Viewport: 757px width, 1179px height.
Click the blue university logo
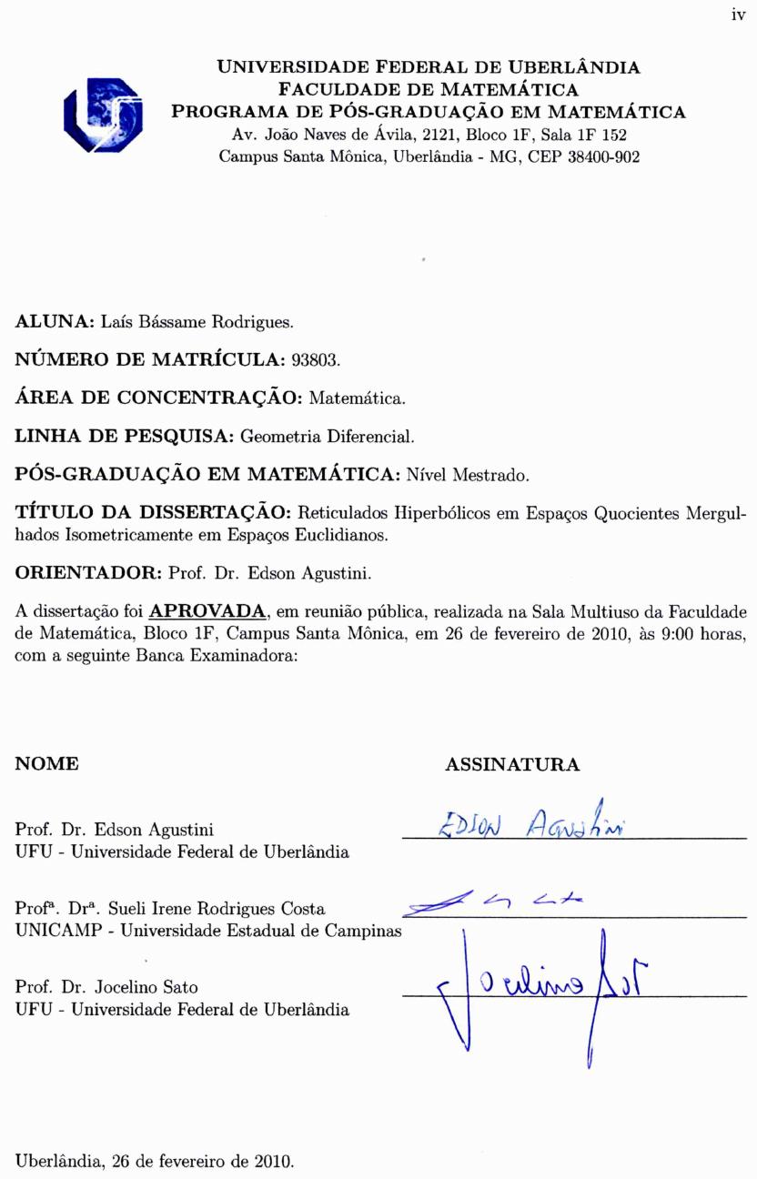103,114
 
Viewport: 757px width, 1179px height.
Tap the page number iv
737,15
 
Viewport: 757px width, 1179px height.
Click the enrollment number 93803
315,360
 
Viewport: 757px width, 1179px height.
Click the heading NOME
47,764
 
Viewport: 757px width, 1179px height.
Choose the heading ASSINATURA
512,765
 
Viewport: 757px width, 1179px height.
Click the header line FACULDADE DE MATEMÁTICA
429,89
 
